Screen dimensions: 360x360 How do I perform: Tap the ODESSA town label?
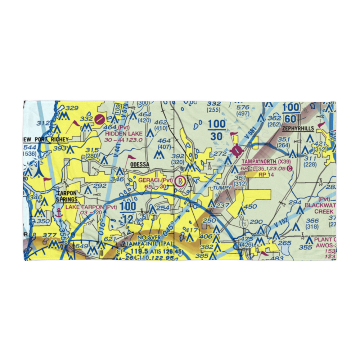(x=139, y=164)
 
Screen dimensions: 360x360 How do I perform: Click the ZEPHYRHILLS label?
(x=298, y=129)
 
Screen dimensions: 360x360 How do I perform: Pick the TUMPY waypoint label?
(x=222, y=188)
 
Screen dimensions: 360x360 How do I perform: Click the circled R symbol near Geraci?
(x=179, y=181)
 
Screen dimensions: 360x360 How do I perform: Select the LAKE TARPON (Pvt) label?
(x=91, y=207)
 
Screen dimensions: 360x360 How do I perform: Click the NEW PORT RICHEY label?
(x=45, y=140)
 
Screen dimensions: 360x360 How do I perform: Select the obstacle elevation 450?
(x=250, y=207)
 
